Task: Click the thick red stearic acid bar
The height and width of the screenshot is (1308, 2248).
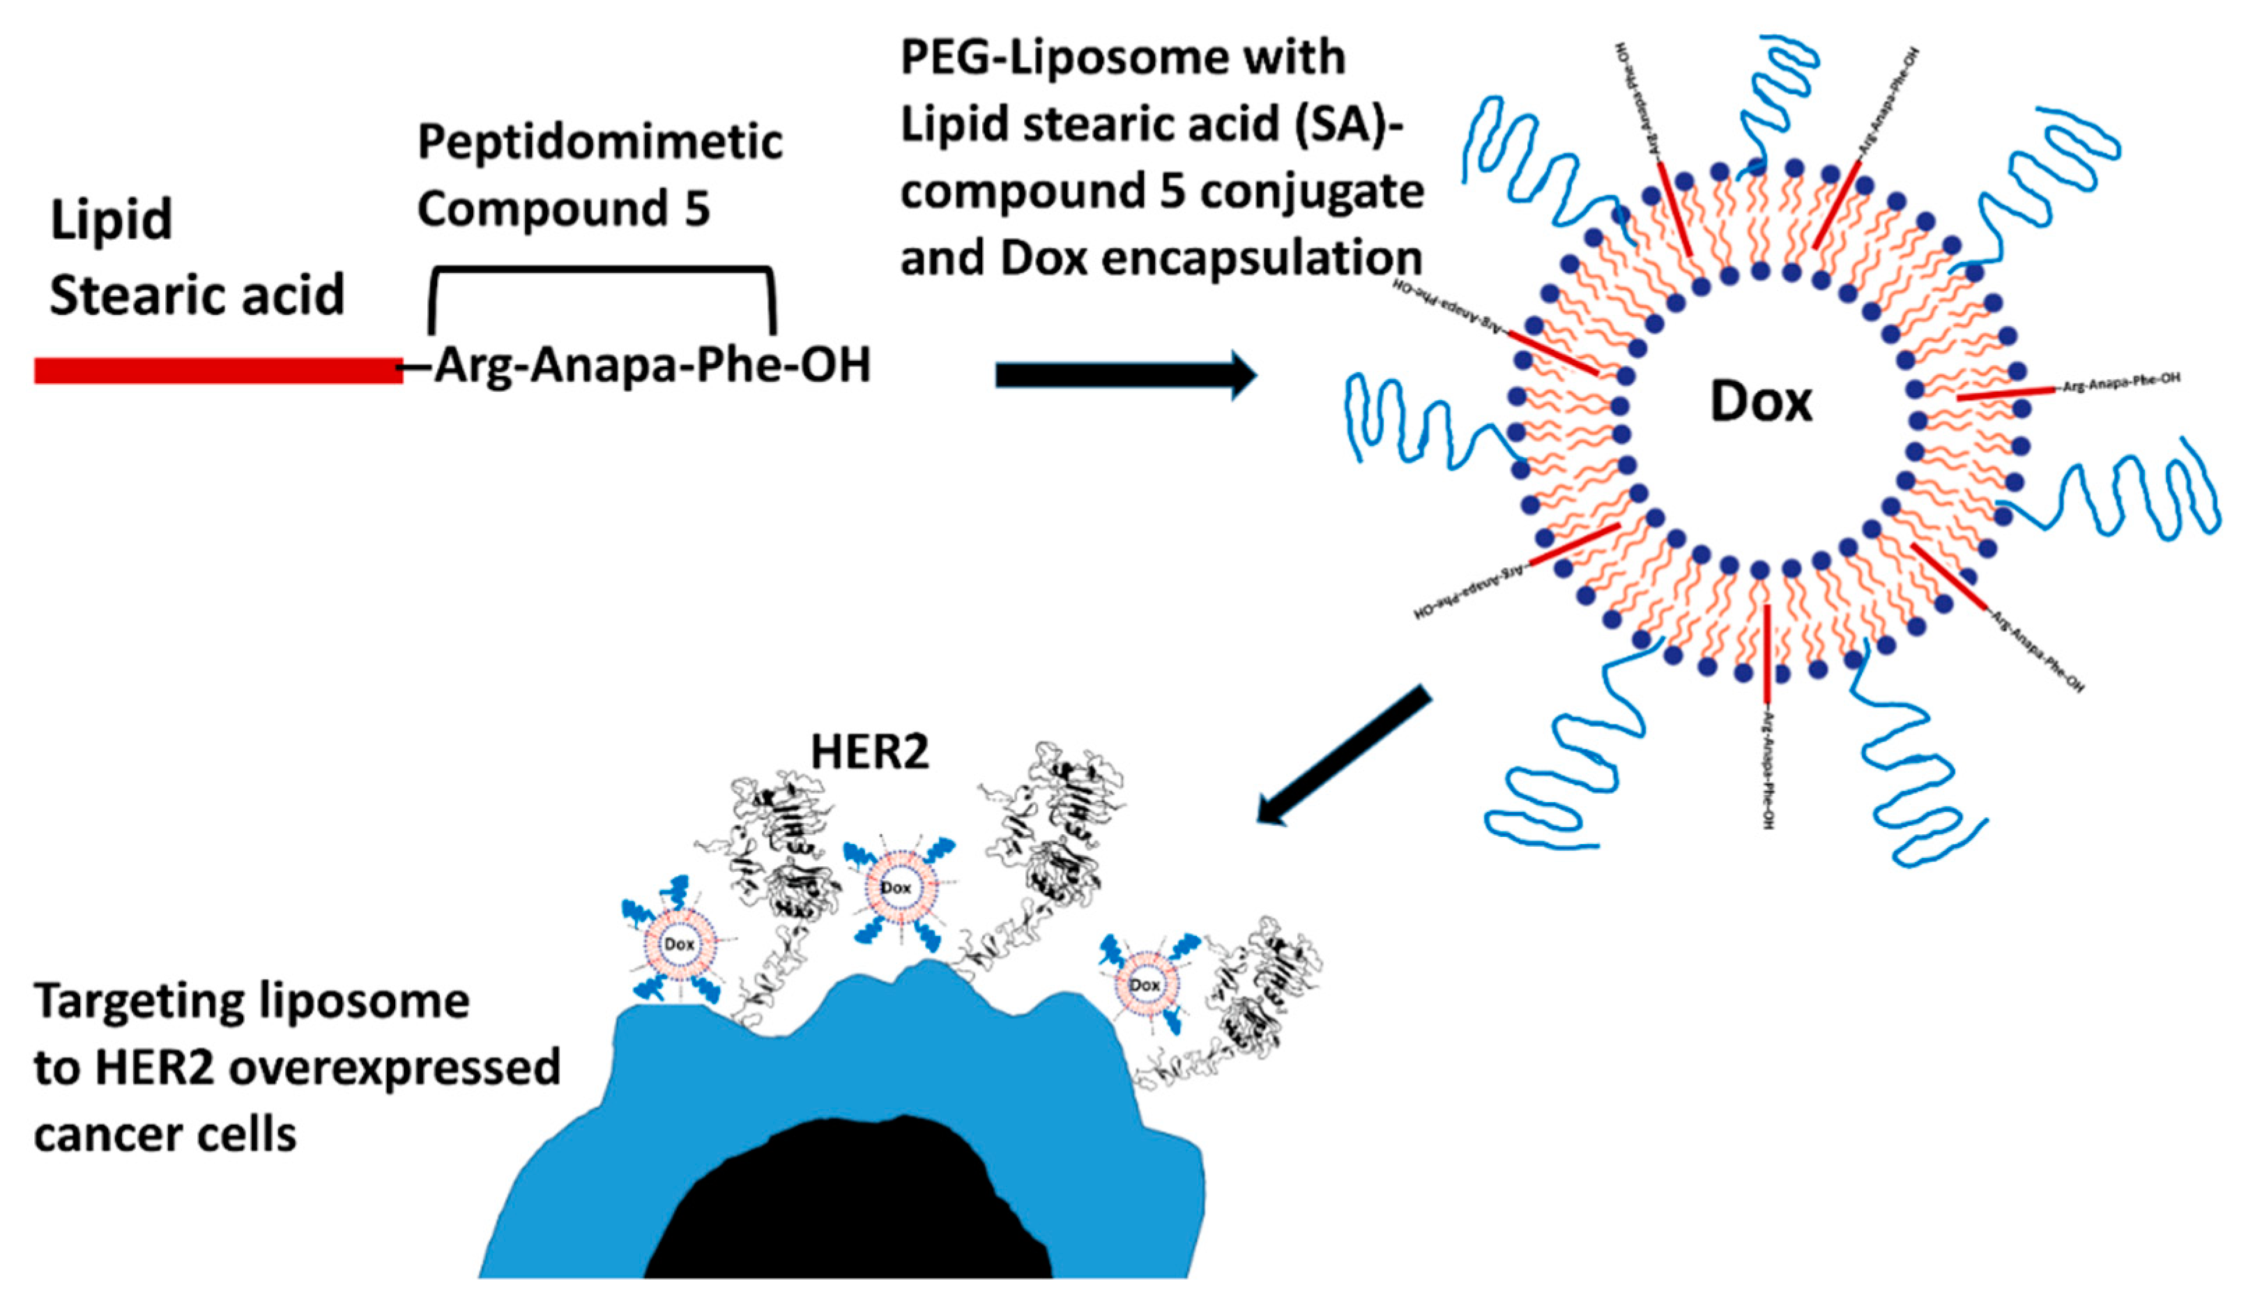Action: click(x=219, y=370)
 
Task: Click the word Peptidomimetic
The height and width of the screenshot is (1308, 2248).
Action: click(x=599, y=143)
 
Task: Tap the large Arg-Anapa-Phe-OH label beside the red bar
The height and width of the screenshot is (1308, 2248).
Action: click(x=651, y=364)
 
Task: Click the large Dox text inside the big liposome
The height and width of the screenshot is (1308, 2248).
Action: click(x=1760, y=402)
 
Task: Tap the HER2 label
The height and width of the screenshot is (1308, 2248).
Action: click(x=869, y=752)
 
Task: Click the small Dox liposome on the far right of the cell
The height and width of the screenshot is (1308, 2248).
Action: click(x=1145, y=985)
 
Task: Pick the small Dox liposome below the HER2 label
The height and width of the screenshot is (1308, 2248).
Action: click(x=896, y=887)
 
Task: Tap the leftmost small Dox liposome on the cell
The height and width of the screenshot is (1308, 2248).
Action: click(x=679, y=944)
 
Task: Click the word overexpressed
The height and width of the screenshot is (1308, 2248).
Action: click(x=395, y=1068)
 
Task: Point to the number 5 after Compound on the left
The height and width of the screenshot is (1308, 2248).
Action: click(x=696, y=208)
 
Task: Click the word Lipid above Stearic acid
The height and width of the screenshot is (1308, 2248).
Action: click(x=111, y=220)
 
